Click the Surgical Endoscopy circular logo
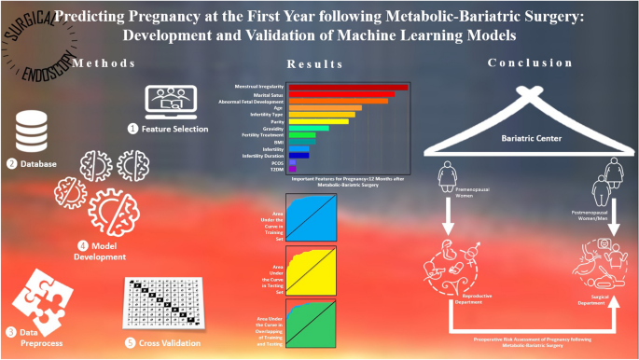coord(32,37)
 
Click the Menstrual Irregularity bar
coord(347,88)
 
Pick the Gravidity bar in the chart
coord(309,128)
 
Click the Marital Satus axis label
coord(263,94)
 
